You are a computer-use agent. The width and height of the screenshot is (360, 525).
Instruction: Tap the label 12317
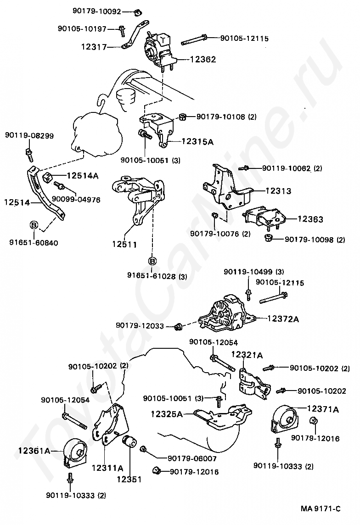(94, 47)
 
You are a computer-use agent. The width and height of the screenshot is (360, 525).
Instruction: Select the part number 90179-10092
(96, 10)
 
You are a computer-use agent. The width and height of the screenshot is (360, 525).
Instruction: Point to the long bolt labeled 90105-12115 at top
(195, 40)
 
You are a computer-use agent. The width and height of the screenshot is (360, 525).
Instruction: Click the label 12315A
(197, 142)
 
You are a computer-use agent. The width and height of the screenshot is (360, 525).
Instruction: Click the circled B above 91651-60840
(34, 225)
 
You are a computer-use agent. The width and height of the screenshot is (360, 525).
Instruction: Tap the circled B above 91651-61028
(152, 261)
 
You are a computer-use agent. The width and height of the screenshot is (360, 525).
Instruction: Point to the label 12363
(310, 219)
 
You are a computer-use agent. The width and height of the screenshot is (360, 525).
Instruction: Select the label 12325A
(167, 414)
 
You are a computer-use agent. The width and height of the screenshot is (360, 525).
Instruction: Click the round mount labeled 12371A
(283, 419)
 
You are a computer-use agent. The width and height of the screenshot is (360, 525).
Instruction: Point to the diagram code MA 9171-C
(321, 508)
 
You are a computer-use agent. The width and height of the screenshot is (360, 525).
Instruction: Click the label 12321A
(247, 355)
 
